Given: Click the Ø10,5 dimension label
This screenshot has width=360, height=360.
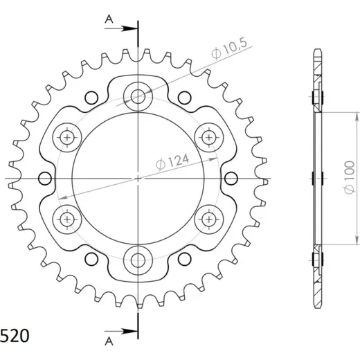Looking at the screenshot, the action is [x=229, y=49].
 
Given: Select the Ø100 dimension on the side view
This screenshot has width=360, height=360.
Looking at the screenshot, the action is [x=349, y=177].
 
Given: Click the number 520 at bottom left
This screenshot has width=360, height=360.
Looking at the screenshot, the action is [x=15, y=336].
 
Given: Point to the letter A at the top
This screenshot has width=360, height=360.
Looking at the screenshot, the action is [x=109, y=19].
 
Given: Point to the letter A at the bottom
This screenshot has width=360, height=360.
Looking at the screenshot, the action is [x=109, y=341].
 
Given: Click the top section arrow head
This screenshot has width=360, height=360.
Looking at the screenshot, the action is [x=129, y=28].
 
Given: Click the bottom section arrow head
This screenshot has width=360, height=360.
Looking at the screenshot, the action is [x=129, y=332].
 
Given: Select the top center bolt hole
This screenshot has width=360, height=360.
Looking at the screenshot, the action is [x=138, y=96].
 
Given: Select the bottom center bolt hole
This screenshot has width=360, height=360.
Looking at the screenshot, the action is [x=138, y=260].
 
